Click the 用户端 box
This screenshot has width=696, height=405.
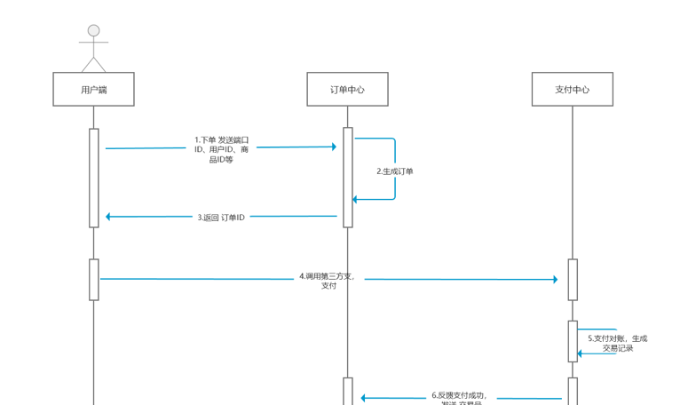tap(93, 90)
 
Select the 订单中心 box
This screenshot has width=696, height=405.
tap(347, 90)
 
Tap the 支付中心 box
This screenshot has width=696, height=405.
tap(573, 90)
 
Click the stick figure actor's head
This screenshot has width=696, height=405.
tap(93, 31)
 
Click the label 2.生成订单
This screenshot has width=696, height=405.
tap(395, 171)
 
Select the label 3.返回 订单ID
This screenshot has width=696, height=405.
tap(221, 217)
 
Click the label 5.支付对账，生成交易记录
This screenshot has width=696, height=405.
tap(618, 344)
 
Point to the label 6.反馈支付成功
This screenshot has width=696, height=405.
tap(460, 396)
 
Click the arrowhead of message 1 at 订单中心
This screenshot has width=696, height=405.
tap(333, 147)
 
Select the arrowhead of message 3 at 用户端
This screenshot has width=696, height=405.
tap(109, 216)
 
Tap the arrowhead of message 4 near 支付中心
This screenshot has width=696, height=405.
tap(554, 280)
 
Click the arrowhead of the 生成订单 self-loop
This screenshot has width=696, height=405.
tap(357, 199)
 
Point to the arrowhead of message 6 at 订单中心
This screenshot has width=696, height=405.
tap(364, 399)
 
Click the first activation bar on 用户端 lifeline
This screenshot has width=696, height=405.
tap(93, 178)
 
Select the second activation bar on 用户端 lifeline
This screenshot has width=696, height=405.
tap(93, 279)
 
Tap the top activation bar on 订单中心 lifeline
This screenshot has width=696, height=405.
tap(348, 178)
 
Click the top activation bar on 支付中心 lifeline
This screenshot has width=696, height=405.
tap(573, 279)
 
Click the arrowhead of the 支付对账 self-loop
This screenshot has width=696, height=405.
tap(581, 353)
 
